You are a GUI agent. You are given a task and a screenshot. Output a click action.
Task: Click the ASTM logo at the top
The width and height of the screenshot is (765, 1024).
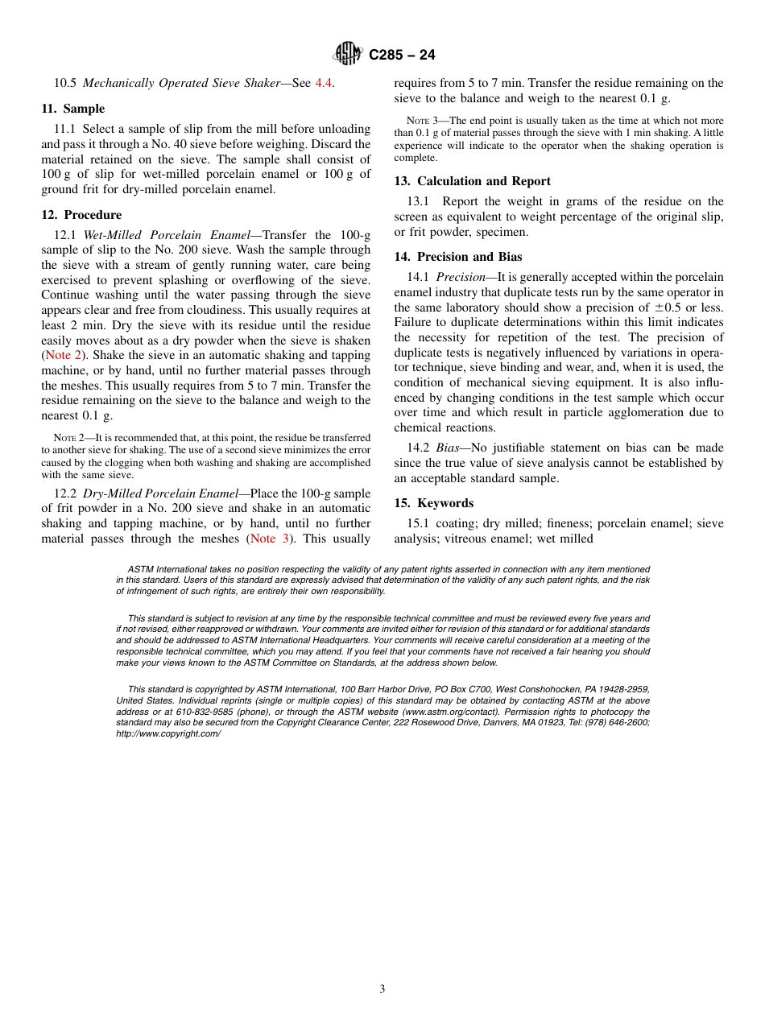click(x=348, y=54)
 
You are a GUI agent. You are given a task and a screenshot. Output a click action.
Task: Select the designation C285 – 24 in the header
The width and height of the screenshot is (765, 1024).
click(x=402, y=55)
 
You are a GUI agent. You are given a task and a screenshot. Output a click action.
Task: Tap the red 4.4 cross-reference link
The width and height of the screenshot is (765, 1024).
click(x=323, y=83)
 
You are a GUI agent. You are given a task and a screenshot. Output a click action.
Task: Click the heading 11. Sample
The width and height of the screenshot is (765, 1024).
click(x=72, y=109)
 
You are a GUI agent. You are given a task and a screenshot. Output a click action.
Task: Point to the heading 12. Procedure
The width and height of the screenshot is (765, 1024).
click(x=81, y=215)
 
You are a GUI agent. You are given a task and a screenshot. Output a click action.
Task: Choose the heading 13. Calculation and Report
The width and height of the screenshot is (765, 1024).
click(x=472, y=181)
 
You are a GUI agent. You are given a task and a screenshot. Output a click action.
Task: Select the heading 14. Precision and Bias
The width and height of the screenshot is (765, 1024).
click(x=457, y=257)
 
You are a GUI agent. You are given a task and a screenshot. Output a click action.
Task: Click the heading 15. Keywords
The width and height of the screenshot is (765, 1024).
click(x=433, y=503)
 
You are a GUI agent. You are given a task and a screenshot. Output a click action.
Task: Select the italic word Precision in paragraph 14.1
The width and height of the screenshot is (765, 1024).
click(x=461, y=277)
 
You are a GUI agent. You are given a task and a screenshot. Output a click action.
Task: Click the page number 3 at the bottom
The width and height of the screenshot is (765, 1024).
click(x=382, y=989)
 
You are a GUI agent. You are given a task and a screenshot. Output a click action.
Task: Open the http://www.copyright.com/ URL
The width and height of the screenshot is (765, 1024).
click(x=167, y=733)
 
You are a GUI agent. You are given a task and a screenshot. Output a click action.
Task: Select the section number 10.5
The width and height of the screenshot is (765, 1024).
click(x=65, y=83)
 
